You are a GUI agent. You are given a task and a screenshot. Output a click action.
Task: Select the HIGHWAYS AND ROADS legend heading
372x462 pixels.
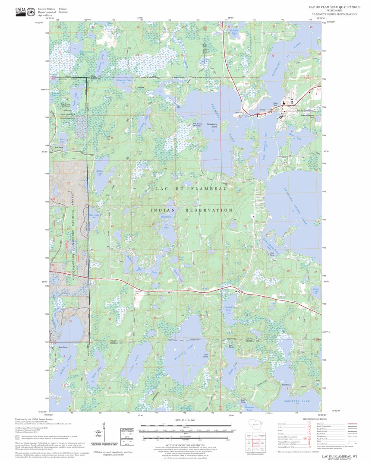coord(303,419)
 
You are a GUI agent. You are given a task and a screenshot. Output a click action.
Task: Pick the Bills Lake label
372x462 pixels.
coord(94,215)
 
